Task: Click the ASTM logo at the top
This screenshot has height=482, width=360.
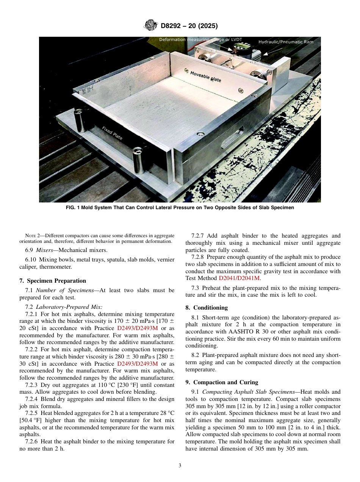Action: [151, 26]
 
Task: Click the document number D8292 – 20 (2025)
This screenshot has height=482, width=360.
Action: [189, 26]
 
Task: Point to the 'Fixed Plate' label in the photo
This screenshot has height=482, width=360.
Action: [112, 133]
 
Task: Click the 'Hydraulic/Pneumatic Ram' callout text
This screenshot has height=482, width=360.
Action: [286, 42]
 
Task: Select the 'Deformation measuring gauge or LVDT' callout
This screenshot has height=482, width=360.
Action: [200, 39]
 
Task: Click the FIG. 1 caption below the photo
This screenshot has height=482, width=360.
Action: [180, 208]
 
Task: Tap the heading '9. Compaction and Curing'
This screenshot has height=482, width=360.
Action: [222, 382]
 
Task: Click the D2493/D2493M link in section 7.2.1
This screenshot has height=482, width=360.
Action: [138, 328]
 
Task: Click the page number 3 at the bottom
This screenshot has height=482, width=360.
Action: [180, 465]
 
